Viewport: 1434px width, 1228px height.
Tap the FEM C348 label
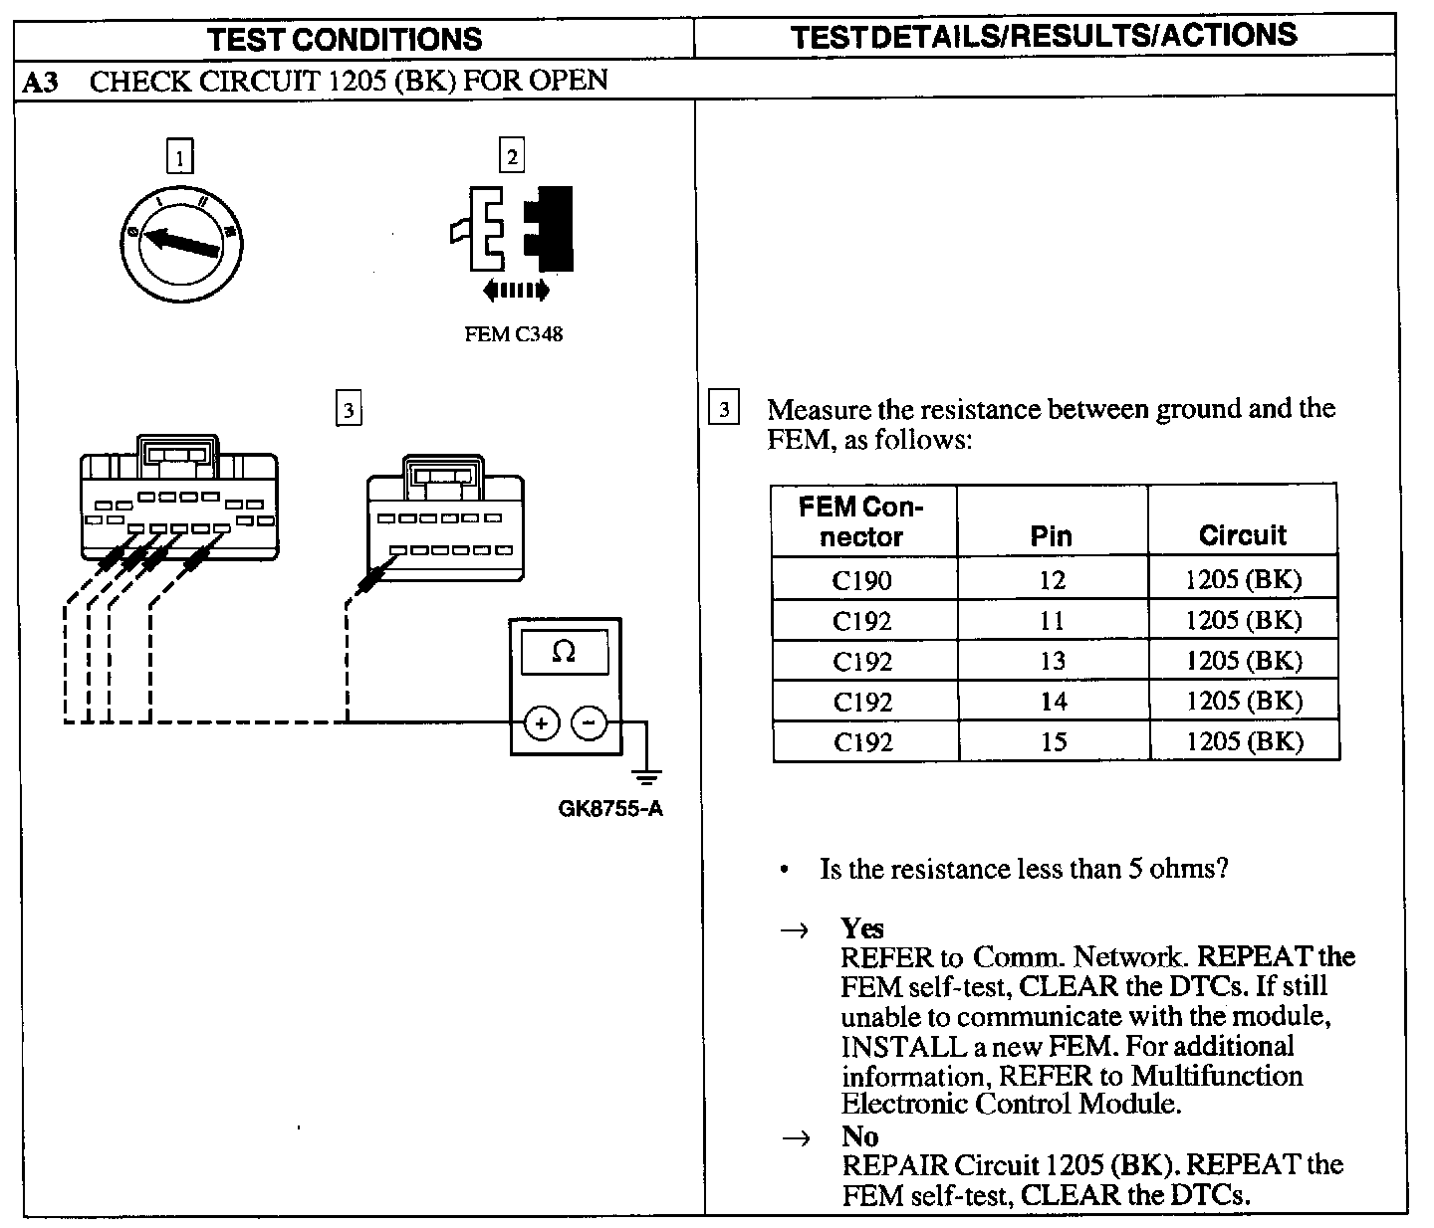pos(513,334)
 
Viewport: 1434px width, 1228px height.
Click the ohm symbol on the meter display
pos(564,652)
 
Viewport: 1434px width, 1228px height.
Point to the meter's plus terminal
pos(541,723)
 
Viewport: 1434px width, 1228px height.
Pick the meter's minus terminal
pos(590,722)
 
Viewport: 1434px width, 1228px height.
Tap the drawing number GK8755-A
pos(610,808)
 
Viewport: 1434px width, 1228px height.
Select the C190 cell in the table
pos(862,580)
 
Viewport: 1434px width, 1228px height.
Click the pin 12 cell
pos(1052,580)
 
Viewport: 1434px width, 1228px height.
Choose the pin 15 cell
pos(1053,741)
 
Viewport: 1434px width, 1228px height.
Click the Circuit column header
pos(1243,535)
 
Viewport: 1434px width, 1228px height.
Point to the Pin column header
pos(1052,537)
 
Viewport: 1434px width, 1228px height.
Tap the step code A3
pos(41,82)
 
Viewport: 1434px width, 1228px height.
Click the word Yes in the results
pos(861,928)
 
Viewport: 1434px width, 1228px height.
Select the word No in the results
pos(859,1136)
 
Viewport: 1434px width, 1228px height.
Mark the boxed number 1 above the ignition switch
pos(179,157)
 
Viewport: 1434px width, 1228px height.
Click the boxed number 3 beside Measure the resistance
pos(724,409)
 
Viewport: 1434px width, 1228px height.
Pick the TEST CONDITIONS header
pos(345,39)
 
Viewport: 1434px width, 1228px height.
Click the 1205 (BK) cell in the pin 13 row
pos(1243,661)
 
